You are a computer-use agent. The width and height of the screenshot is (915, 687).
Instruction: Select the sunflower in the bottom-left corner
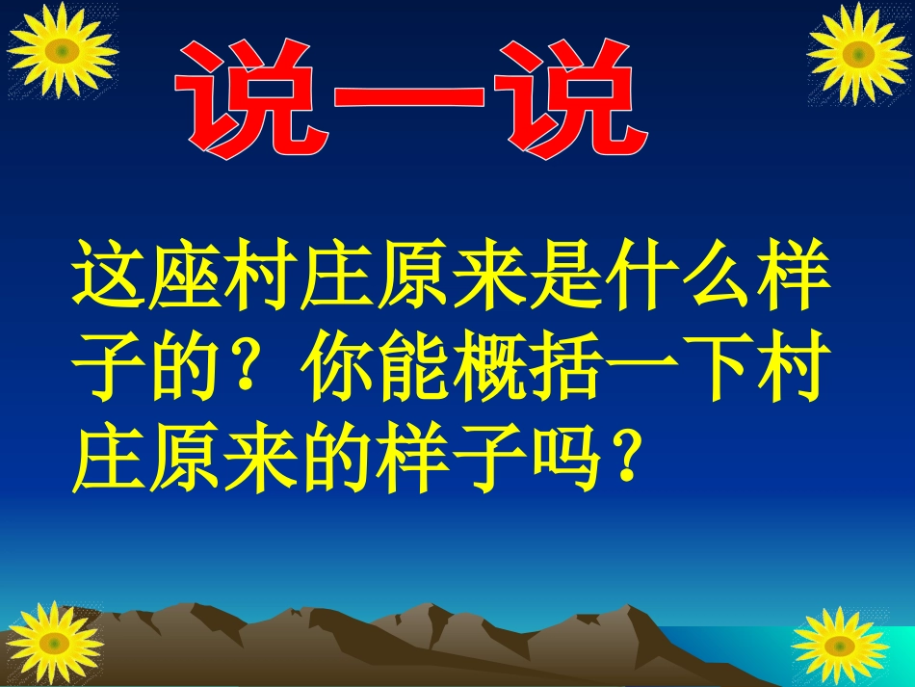coord(52,643)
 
